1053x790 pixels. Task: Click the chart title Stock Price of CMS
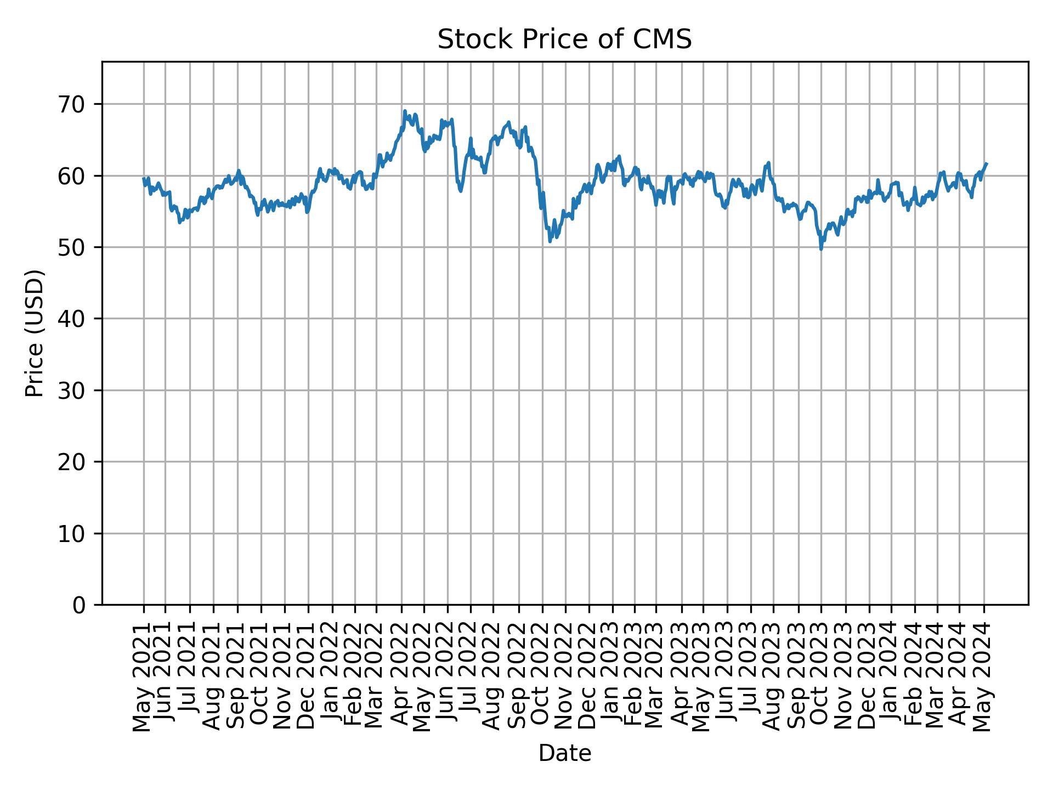(x=564, y=39)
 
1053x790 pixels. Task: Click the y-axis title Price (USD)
(x=35, y=333)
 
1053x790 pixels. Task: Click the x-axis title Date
(x=564, y=753)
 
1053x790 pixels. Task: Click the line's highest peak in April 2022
(x=405, y=111)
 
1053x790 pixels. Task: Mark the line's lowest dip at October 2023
(x=821, y=249)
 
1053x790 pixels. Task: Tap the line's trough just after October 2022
(x=550, y=241)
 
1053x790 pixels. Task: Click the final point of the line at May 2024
(x=987, y=163)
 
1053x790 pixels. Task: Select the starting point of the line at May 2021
(x=144, y=178)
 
